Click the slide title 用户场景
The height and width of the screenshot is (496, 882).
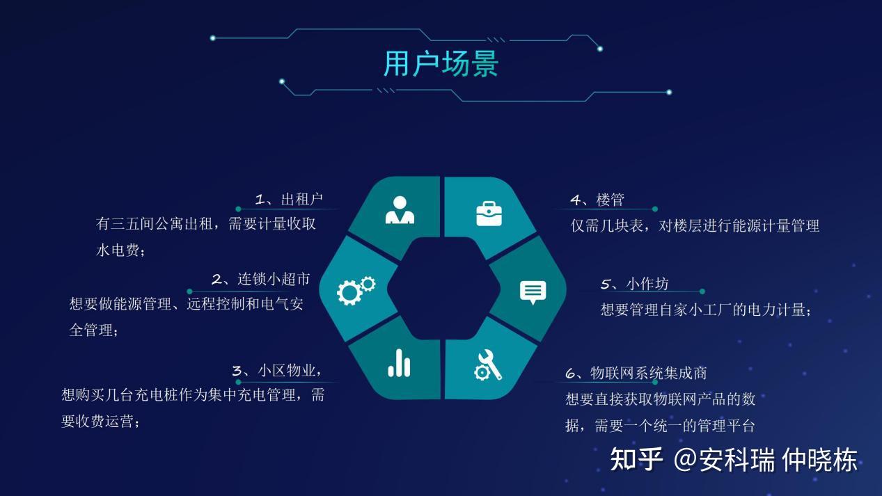[x=441, y=64]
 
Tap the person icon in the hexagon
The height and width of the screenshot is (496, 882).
[x=400, y=210]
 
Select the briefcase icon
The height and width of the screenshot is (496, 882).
[x=489, y=213]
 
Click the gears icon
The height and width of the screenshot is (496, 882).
[x=356, y=290]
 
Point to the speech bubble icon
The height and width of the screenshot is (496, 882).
[x=533, y=291]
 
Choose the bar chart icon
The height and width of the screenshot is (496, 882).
[x=399, y=363]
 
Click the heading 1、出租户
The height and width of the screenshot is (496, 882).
[x=289, y=200]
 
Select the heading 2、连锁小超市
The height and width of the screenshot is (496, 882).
[x=260, y=280]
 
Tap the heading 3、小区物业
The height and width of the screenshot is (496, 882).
[x=276, y=371]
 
